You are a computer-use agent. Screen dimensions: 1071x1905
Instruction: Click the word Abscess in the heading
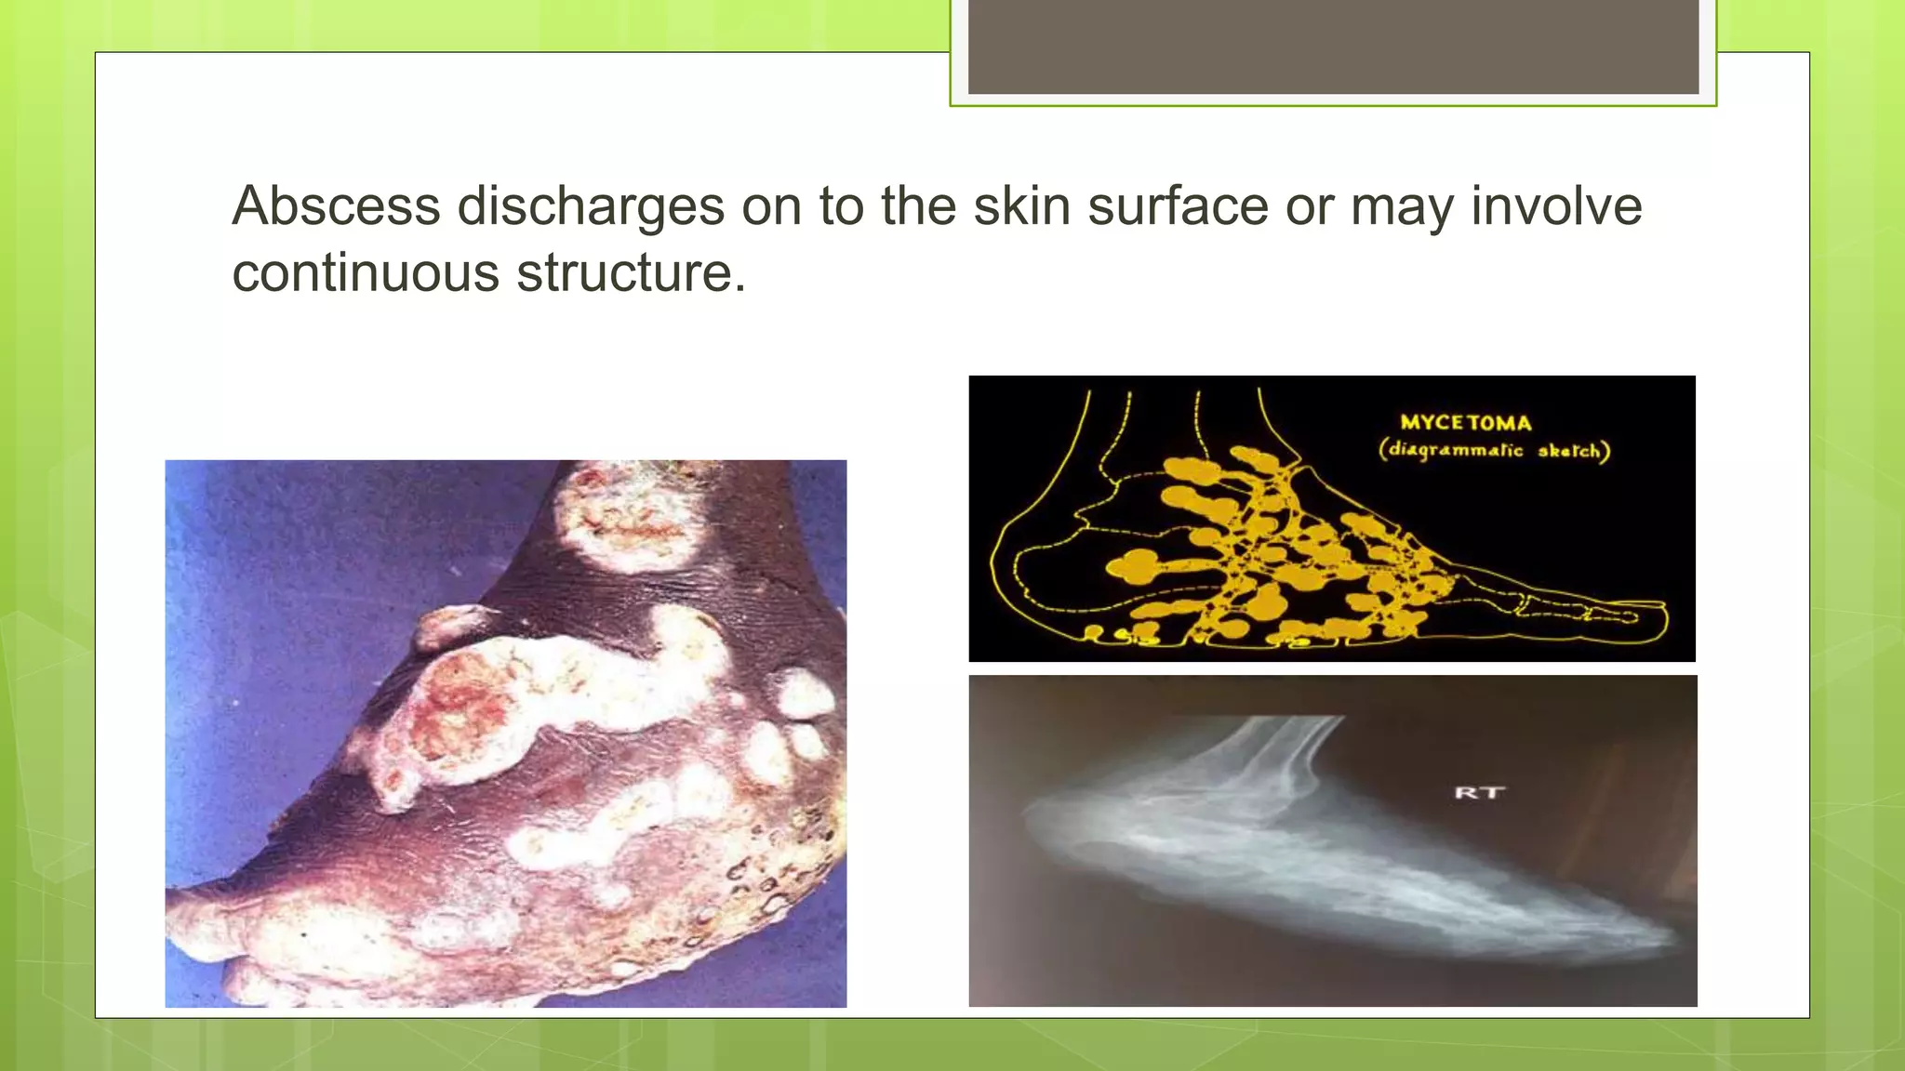(x=336, y=205)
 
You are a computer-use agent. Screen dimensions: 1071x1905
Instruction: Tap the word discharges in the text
(x=591, y=205)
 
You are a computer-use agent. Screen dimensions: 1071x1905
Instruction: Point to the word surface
(x=1178, y=205)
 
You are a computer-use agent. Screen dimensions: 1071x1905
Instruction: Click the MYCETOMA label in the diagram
(x=1466, y=423)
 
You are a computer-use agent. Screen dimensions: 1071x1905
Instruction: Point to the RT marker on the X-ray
(x=1479, y=792)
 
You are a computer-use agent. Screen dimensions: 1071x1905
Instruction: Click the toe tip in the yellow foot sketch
(x=1656, y=615)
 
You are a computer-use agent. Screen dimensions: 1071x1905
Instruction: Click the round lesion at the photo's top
(x=629, y=517)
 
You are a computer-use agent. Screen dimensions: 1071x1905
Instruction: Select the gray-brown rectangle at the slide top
(x=1333, y=46)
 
